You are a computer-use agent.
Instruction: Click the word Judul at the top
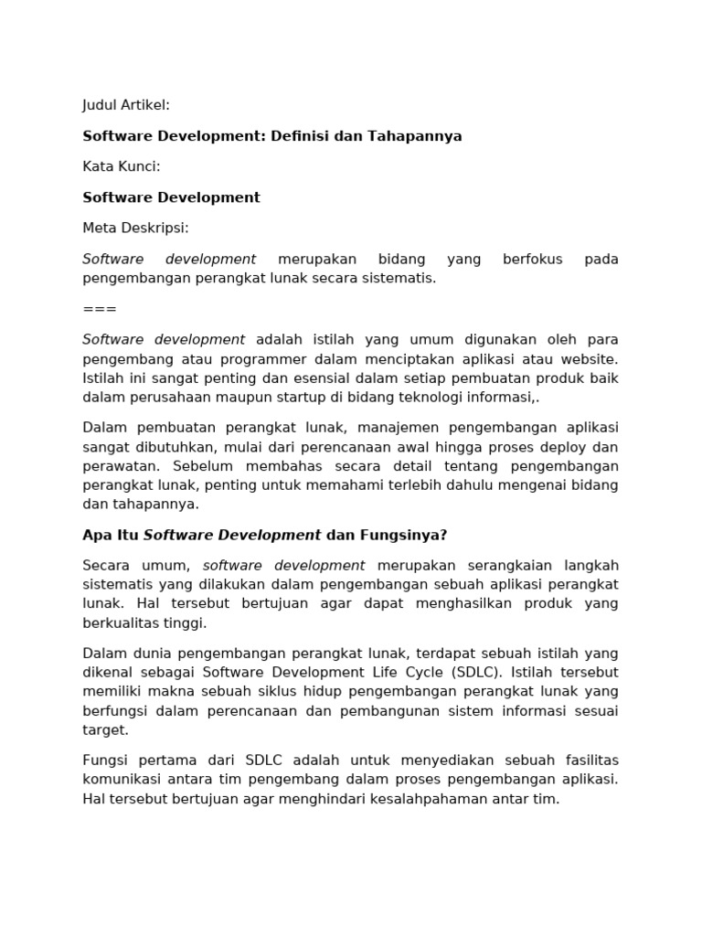(101, 105)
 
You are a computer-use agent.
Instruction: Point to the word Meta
(100, 228)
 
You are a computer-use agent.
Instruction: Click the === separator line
(100, 309)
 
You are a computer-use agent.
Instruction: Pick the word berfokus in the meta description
(533, 259)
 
